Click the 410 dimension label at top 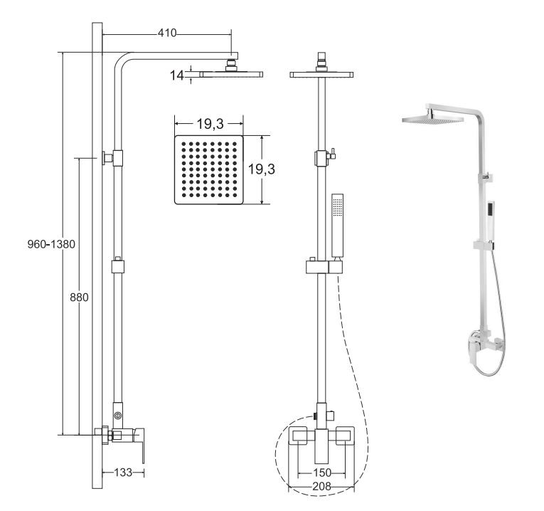(167, 33)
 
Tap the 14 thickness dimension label (176, 75)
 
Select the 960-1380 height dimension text (51, 244)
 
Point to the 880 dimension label (79, 297)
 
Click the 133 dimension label (123, 472)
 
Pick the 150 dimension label (322, 473)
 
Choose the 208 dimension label (321, 486)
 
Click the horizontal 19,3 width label (210, 123)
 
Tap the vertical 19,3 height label (261, 169)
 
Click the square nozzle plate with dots (209, 170)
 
